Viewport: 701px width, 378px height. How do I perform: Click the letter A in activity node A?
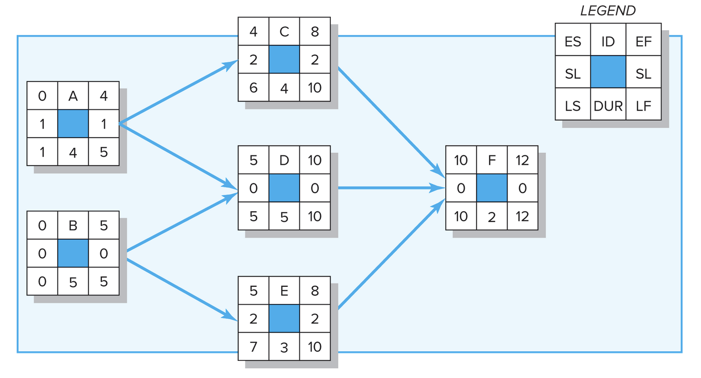73,96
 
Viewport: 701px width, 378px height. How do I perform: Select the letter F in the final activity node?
491,160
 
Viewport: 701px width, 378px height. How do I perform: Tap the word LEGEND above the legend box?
608,11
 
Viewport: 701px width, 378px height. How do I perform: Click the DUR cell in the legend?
608,106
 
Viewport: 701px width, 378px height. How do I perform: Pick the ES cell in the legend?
572,42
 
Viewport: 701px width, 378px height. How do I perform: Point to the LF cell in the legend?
643,106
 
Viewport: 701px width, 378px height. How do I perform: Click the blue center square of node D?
284,188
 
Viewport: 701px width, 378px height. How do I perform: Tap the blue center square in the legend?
608,72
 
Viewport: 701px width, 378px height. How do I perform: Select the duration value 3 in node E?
284,347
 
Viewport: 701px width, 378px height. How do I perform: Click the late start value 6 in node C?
253,88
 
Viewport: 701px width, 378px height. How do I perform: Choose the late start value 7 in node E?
253,347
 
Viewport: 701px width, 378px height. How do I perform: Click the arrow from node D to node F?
390,188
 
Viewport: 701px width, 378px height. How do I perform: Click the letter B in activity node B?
73,225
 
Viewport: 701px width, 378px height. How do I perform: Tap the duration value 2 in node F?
491,217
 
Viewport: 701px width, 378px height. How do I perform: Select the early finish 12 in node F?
522,160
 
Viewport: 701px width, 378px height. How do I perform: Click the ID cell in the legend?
608,42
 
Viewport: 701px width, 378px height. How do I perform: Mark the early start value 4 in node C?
253,32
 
